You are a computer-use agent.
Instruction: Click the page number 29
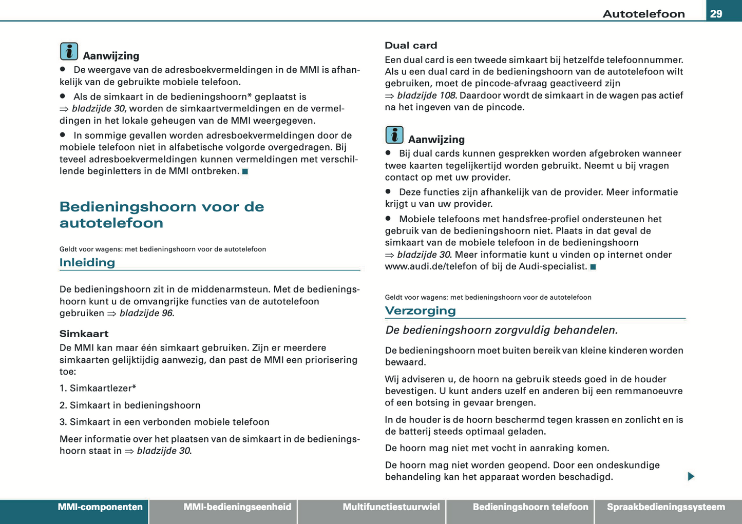716,14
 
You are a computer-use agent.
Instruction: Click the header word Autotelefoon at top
643,14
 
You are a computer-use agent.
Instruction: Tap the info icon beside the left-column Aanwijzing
69,51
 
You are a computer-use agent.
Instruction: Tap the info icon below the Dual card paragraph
394,135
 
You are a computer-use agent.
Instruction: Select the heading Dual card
411,46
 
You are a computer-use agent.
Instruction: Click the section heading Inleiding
87,263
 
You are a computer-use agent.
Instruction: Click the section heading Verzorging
420,310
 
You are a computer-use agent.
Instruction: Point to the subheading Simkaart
84,334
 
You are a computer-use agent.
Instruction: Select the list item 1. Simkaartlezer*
98,388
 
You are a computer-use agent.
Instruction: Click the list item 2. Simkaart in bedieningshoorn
130,405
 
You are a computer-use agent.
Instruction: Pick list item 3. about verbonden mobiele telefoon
164,422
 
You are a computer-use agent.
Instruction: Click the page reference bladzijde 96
146,313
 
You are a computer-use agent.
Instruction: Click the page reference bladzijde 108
426,95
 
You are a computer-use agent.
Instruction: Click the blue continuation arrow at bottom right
691,476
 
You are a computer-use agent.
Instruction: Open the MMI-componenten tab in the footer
100,507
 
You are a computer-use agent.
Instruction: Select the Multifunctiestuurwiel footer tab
391,507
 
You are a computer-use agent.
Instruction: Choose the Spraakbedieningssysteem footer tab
665,507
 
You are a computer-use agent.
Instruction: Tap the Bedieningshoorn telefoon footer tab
530,507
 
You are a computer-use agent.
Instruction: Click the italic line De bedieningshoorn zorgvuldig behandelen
501,330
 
